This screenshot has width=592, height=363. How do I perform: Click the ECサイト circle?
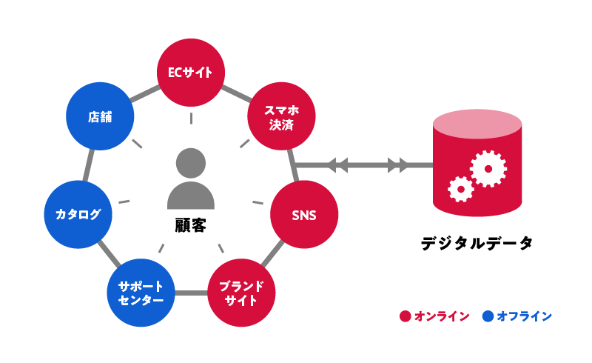[x=191, y=72]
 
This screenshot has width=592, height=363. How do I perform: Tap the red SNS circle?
[x=304, y=216]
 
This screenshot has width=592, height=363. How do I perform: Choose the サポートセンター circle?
[x=141, y=293]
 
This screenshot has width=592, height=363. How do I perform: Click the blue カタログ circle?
[x=78, y=215]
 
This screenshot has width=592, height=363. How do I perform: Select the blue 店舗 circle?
[x=99, y=117]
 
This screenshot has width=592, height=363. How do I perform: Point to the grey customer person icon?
[x=191, y=179]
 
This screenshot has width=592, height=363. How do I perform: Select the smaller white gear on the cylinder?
[x=460, y=190]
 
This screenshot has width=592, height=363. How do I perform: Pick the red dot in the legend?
[x=405, y=316]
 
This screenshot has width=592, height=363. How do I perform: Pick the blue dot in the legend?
[x=488, y=316]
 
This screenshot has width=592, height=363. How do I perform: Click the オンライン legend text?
[x=442, y=316]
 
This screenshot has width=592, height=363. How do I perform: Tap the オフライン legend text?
[x=524, y=316]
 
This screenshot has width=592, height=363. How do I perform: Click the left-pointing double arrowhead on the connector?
[x=338, y=164]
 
